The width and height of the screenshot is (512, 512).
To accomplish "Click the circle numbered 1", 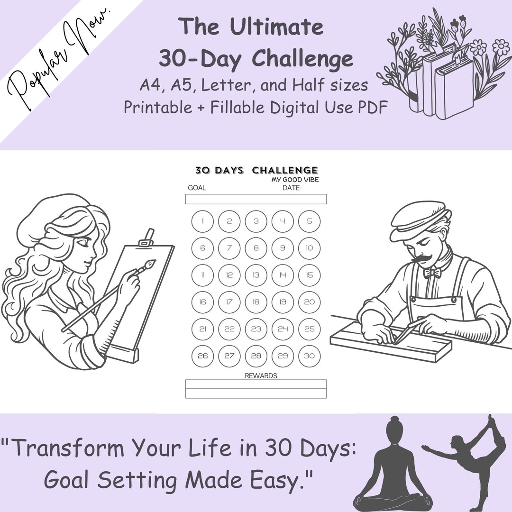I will coord(202,221).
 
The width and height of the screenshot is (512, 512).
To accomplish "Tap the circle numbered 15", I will coord(310,275).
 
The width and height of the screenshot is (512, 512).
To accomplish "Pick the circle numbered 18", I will coord(256,302).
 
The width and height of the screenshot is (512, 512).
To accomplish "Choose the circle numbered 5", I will coord(310,221).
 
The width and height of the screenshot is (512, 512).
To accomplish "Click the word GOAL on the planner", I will coord(197,188).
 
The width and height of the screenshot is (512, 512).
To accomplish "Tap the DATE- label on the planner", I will coord(293,188).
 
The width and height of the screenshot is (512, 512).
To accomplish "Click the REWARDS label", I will coord(261,375).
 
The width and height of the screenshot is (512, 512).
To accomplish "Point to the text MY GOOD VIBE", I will coord(294,180).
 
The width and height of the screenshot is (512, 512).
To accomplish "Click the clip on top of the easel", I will coord(147,237).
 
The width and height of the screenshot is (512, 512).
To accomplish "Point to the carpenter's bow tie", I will coord(432,273).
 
